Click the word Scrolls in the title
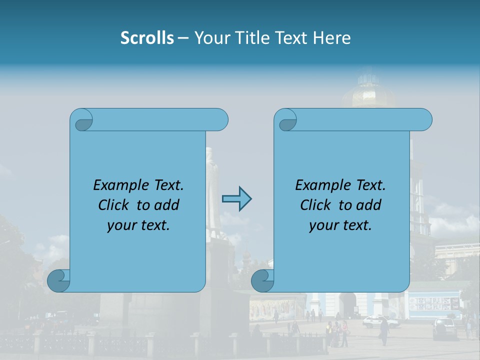pos(147,38)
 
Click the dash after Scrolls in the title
pos(183,38)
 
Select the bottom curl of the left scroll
pos(59,281)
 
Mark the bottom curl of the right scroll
pos(263,281)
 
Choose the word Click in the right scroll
pos(315,205)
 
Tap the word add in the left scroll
pos(166,205)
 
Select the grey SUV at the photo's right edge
pos(444,327)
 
